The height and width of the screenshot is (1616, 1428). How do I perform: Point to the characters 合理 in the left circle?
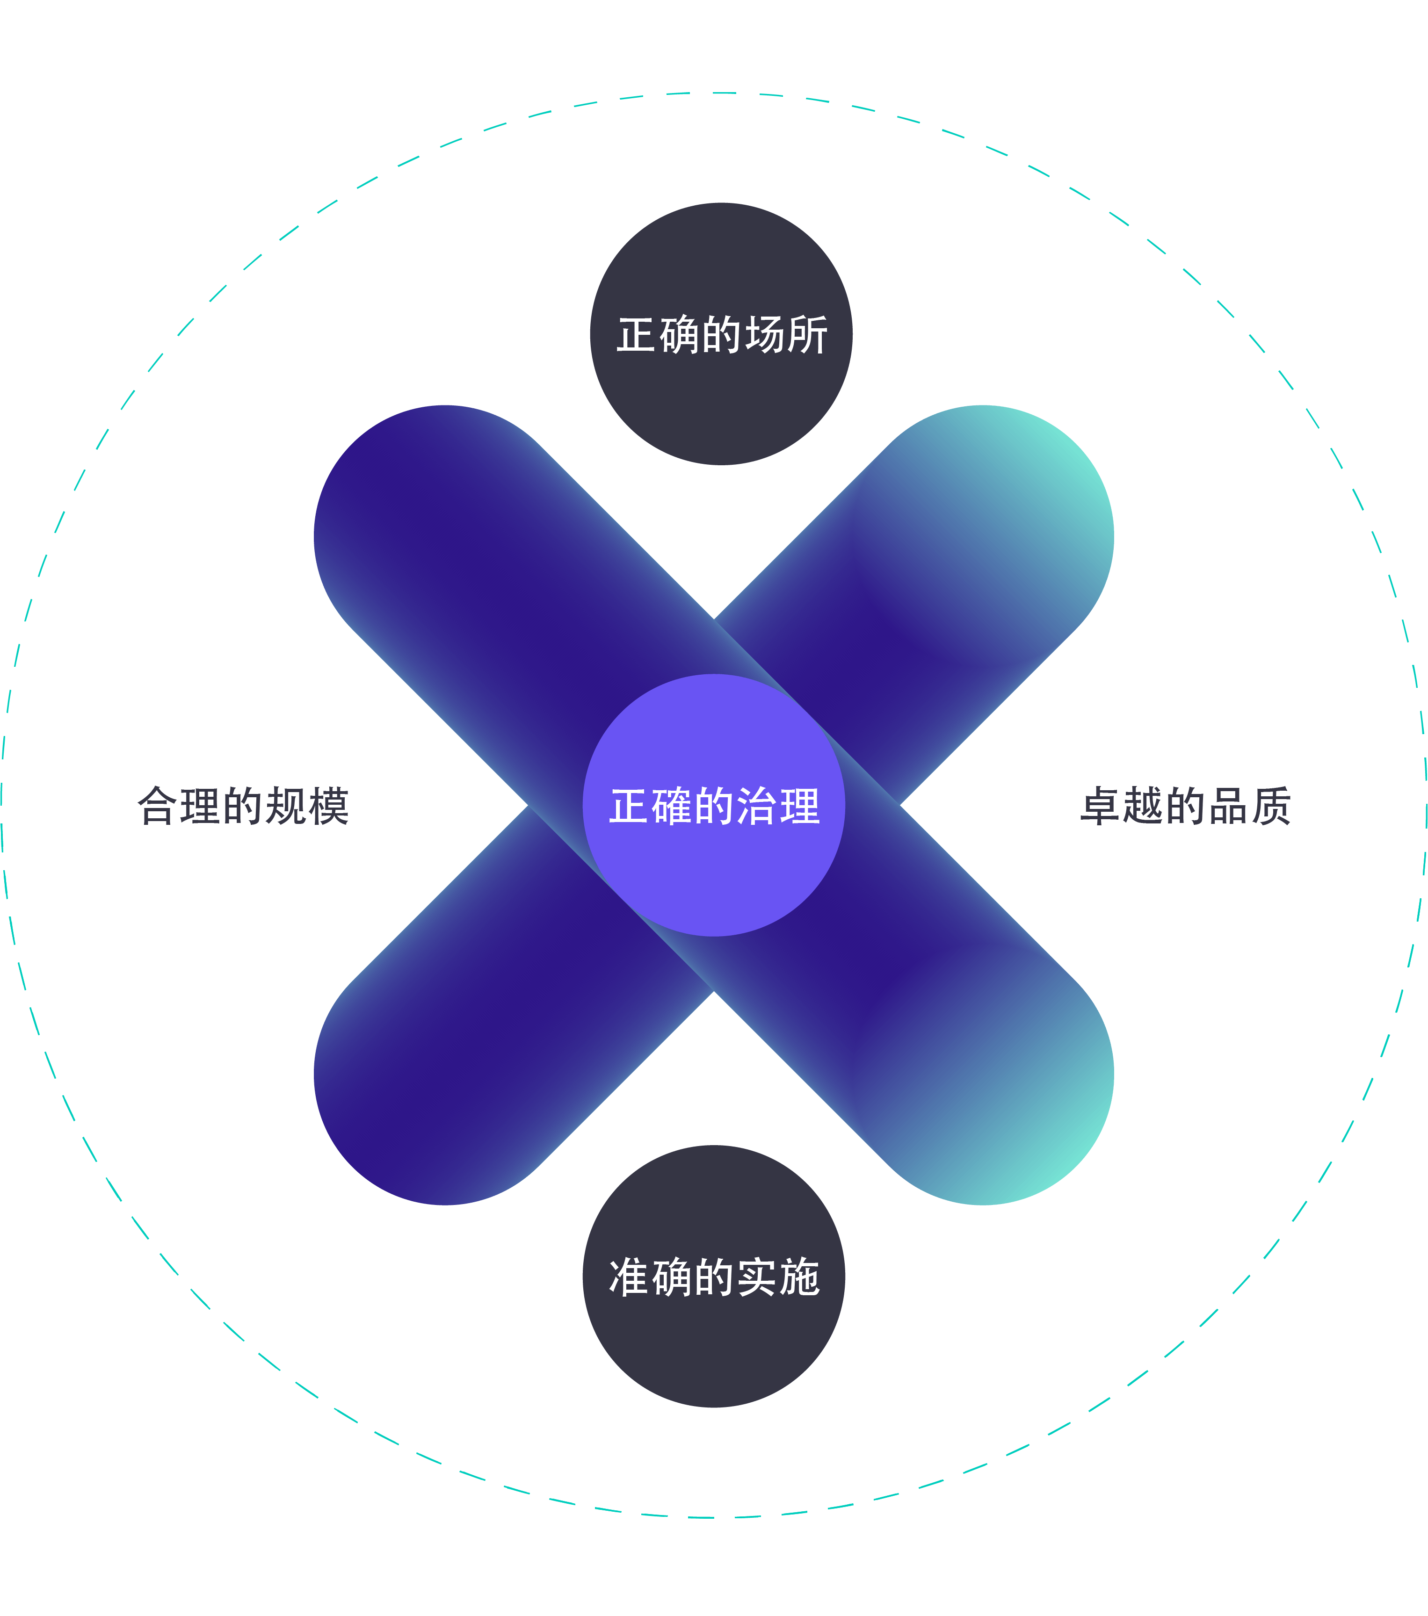pos(178,807)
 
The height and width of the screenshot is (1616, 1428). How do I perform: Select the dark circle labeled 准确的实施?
pos(714,1344)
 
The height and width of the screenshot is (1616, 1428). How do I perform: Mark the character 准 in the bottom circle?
pos(629,1277)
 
